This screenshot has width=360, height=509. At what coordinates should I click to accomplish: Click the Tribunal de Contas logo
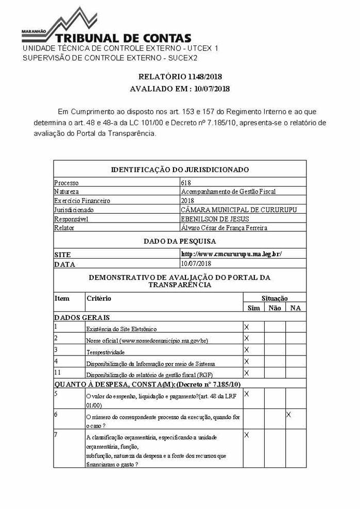106,28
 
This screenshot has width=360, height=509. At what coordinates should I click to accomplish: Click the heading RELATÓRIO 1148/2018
180,77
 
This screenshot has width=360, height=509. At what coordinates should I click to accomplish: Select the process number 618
186,182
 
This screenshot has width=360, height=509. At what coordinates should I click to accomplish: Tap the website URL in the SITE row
231,254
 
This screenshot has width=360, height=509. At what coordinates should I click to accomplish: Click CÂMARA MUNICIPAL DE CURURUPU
239,210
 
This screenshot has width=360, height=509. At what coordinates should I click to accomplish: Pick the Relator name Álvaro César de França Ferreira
224,227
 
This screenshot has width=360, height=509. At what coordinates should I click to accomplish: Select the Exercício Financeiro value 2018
187,200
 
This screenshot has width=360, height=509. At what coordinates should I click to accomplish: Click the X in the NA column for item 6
288,414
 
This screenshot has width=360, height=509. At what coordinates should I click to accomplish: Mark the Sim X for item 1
246,327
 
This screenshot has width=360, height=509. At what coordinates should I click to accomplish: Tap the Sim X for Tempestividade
246,350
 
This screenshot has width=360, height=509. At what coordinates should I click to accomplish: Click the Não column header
275,308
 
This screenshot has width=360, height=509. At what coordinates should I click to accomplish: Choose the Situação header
274,298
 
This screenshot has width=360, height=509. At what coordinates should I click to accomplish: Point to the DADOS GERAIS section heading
81,317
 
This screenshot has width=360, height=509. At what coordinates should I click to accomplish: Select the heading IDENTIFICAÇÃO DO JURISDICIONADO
180,169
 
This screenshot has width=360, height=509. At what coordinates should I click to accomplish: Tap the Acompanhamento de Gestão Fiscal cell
228,192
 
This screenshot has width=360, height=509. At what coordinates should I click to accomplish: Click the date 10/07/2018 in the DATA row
194,263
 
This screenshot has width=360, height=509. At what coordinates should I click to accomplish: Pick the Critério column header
98,298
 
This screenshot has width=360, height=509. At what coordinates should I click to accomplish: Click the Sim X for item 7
246,435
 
